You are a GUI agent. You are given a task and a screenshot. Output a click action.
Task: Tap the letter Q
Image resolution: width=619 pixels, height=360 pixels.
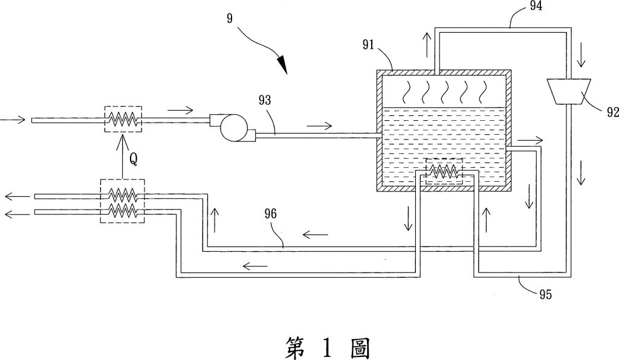click(x=134, y=159)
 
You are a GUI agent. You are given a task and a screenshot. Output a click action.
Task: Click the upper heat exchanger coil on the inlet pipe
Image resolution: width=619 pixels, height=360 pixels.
click(x=123, y=120)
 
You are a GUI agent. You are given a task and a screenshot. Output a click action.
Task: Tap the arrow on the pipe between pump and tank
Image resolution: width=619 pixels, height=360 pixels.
click(x=319, y=126)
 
